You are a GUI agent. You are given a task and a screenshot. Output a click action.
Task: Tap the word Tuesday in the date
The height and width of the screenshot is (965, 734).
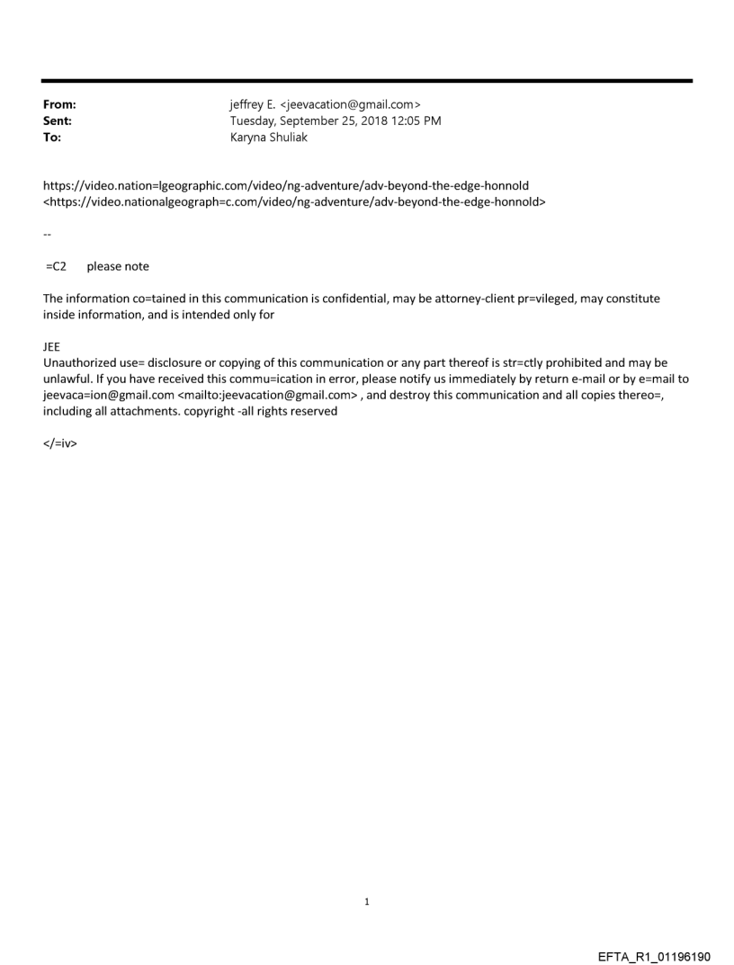254,121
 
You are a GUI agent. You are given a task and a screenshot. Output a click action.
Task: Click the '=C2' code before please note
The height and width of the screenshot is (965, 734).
56,266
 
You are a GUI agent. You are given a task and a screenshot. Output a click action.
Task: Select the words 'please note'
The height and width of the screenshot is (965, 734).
118,266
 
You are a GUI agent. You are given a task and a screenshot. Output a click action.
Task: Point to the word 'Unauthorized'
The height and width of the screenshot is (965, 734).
80,363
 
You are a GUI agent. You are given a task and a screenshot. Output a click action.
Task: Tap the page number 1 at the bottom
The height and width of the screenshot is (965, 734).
367,901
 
